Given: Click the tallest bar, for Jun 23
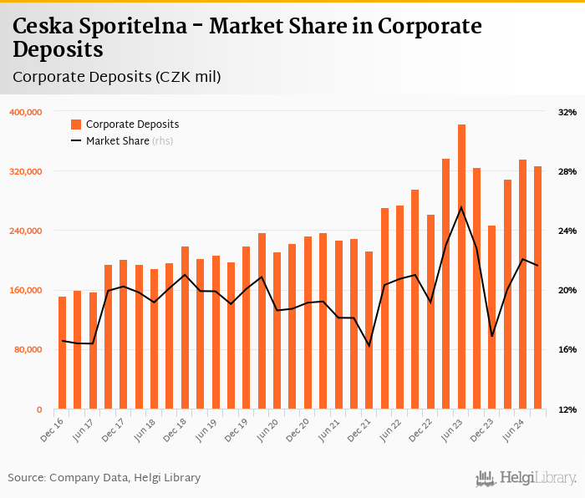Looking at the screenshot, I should pyautogui.click(x=461, y=267).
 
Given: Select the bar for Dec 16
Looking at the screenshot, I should pyautogui.click(x=62, y=353).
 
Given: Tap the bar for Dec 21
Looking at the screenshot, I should pyautogui.click(x=369, y=330).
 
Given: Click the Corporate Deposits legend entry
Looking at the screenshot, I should pyautogui.click(x=132, y=124).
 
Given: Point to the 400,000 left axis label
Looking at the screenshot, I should pyautogui.click(x=26, y=112).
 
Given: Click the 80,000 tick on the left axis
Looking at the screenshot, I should pyautogui.click(x=28, y=350).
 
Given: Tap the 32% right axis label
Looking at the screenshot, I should pyautogui.click(x=567, y=112).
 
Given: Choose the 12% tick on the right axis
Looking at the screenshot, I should pyautogui.click(x=567, y=409).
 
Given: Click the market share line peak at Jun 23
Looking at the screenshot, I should pyautogui.click(x=461, y=207).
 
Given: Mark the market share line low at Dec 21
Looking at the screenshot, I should pyautogui.click(x=369, y=345).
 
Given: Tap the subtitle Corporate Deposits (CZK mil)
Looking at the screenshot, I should pyautogui.click(x=117, y=77).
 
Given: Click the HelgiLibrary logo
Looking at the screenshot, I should pyautogui.click(x=526, y=478).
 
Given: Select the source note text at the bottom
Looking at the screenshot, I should pyautogui.click(x=104, y=478).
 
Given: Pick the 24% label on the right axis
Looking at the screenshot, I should pyautogui.click(x=567, y=231).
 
